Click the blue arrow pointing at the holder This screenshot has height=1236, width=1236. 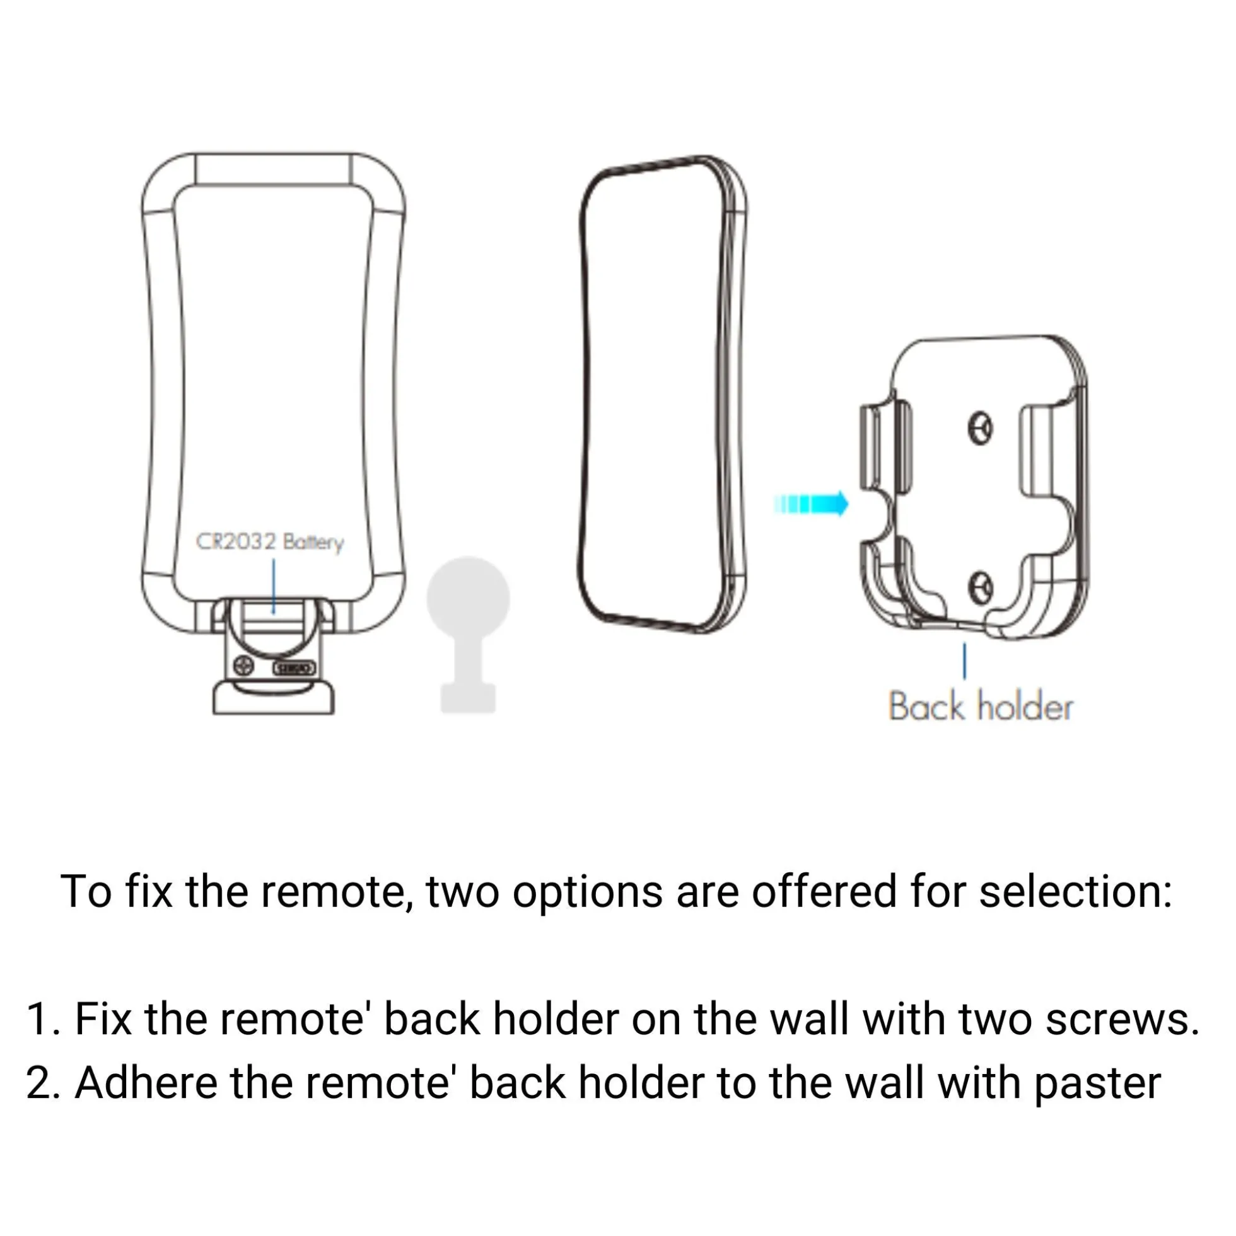[810, 504]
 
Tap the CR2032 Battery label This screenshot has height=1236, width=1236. [269, 542]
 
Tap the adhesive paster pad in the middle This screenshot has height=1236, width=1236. [663, 395]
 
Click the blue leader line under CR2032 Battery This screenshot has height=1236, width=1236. [273, 586]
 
